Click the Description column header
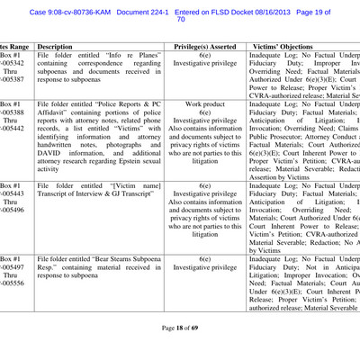[55, 44]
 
